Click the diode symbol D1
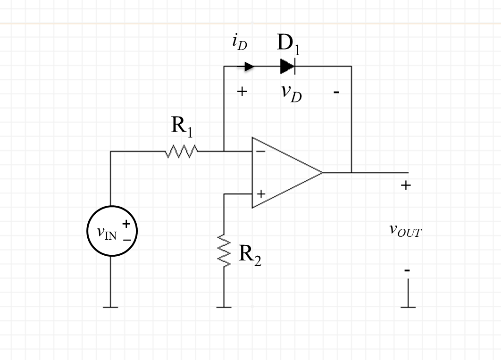click(x=287, y=67)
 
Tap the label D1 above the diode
click(x=288, y=44)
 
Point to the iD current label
click(x=240, y=43)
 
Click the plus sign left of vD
click(x=242, y=92)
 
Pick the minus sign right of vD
click(x=336, y=92)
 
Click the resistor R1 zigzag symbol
click(x=182, y=151)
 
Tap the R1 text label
click(x=182, y=126)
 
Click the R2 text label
click(x=250, y=255)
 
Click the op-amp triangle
click(x=283, y=173)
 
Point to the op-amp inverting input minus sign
click(x=261, y=152)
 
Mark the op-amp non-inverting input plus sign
click(x=261, y=193)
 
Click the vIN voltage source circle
click(x=112, y=231)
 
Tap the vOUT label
click(x=405, y=230)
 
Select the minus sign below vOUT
click(x=407, y=270)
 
